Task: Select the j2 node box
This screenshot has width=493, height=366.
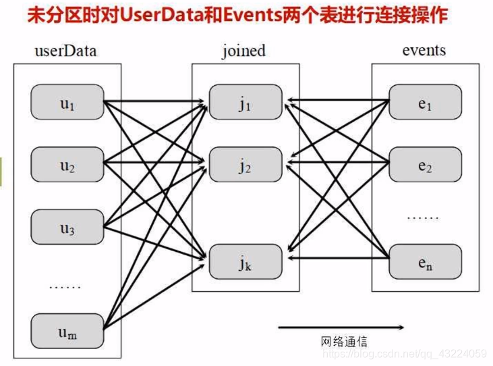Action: pos(245,165)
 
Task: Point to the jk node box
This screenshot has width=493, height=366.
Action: pos(245,261)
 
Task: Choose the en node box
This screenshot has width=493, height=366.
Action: pos(425,261)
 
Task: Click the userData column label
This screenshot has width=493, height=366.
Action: pos(65,51)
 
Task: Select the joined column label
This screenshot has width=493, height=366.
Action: pos(243,51)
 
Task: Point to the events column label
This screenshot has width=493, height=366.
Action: pos(424,51)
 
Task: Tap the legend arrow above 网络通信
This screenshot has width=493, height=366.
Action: pos(341,328)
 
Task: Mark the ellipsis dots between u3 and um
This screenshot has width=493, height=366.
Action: pos(65,287)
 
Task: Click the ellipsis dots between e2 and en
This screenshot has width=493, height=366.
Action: pos(423,218)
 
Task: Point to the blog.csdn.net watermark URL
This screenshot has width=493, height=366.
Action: pos(405,353)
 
